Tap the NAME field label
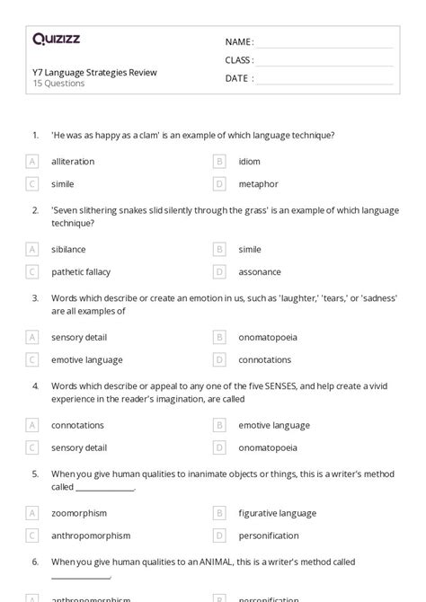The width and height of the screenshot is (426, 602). tap(239, 42)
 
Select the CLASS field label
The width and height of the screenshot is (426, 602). tap(239, 60)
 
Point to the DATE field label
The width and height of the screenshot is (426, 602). tap(237, 78)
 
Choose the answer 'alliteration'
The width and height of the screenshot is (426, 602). tap(73, 162)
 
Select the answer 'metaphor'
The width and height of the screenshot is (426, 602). tap(258, 184)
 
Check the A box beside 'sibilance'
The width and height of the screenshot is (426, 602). tap(32, 249)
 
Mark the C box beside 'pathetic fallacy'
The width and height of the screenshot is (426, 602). tap(32, 271)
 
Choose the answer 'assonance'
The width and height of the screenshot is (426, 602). tap(260, 271)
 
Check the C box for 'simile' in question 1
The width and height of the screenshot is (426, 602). tap(32, 184)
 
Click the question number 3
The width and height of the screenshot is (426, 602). tap(35, 297)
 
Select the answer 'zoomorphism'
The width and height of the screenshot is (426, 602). tap(79, 513)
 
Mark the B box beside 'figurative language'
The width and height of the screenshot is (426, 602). tap(218, 513)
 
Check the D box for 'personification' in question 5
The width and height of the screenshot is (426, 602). tap(218, 536)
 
